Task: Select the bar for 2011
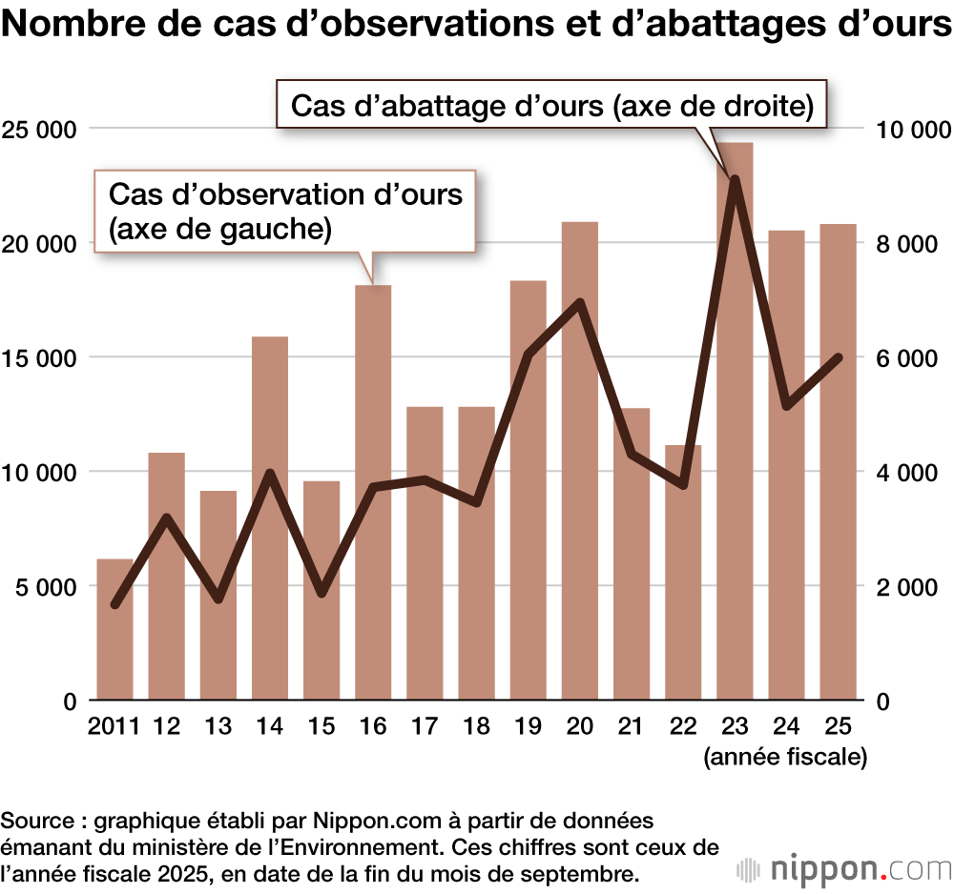[115, 629]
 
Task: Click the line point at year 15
[321, 594]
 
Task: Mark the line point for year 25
[838, 358]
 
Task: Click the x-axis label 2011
[114, 726]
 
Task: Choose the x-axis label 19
[528, 726]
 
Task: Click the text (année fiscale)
[785, 758]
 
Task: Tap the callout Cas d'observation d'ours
[285, 211]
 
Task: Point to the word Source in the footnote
[37, 821]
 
